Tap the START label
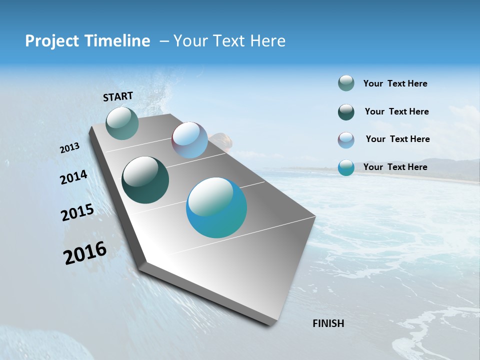pos(118,96)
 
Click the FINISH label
pos(328,323)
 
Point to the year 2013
pos(70,148)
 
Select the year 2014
pos(74,177)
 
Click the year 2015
pos(77,212)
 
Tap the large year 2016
pos(85,252)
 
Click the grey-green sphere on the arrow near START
pos(122,123)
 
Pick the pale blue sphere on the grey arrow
pos(189,140)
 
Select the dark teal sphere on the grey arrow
pos(145,180)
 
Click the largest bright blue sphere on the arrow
pos(216,207)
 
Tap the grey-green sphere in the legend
pos(346,83)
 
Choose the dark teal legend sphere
pos(346,112)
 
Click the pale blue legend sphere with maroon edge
pos(346,140)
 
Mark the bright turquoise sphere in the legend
pos(346,167)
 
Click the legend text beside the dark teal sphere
pos(396,111)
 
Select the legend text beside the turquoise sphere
pos(395,167)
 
